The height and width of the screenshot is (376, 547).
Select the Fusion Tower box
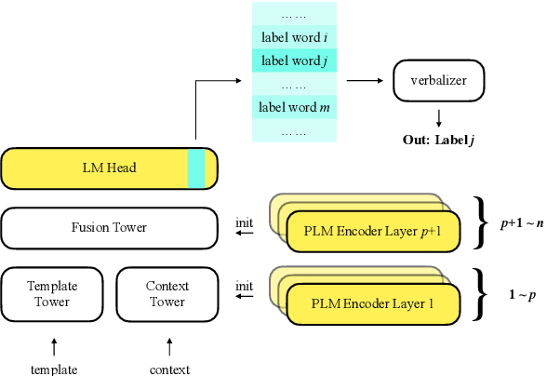click(x=110, y=226)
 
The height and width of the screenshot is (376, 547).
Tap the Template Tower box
click(x=52, y=294)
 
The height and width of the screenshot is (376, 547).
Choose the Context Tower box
click(x=167, y=294)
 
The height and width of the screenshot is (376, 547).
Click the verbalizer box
click(x=436, y=81)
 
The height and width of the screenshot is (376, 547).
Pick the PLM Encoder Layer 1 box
click(x=361, y=303)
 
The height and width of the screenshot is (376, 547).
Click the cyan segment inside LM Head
click(x=196, y=168)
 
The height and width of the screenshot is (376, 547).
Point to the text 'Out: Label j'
click(x=436, y=141)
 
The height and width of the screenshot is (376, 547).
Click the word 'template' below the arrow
click(x=54, y=369)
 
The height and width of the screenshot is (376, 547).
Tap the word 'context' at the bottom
click(x=169, y=369)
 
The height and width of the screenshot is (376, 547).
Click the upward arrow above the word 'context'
click(x=169, y=346)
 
